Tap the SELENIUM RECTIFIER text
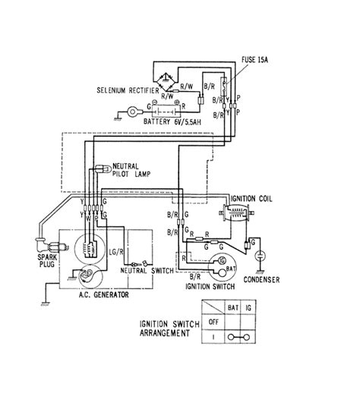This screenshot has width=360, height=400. pos(125,89)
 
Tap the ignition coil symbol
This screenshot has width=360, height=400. pos(235,213)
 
